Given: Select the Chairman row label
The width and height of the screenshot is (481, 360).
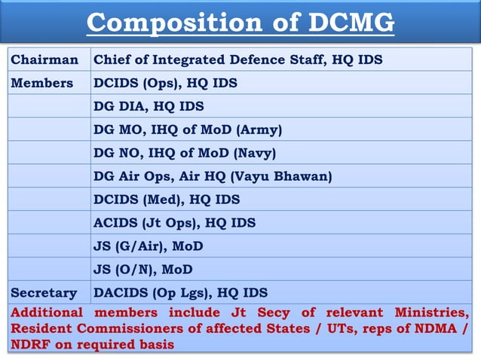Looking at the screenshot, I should [x=44, y=59].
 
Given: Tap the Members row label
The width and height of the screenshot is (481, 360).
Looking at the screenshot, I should [x=42, y=83].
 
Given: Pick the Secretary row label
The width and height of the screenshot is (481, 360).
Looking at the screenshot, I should [x=44, y=292].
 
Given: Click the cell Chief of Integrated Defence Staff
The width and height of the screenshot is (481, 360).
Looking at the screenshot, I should [x=237, y=59].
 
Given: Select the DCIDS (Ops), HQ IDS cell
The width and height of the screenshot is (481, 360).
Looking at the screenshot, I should [x=165, y=83].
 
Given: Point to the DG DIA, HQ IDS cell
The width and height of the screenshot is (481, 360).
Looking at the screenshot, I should [x=148, y=106].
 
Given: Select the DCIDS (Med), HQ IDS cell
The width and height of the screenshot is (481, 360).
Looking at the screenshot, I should [x=166, y=200].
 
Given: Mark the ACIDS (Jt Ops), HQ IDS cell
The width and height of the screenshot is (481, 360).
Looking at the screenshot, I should [x=173, y=223].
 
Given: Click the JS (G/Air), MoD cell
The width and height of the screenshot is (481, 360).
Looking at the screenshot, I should [x=148, y=246].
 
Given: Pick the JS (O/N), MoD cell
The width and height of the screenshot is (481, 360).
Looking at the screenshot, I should [x=142, y=269].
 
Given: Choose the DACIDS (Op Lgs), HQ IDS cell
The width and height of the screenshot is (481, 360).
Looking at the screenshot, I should [x=179, y=292].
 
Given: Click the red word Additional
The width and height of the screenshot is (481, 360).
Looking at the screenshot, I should [x=47, y=313].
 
